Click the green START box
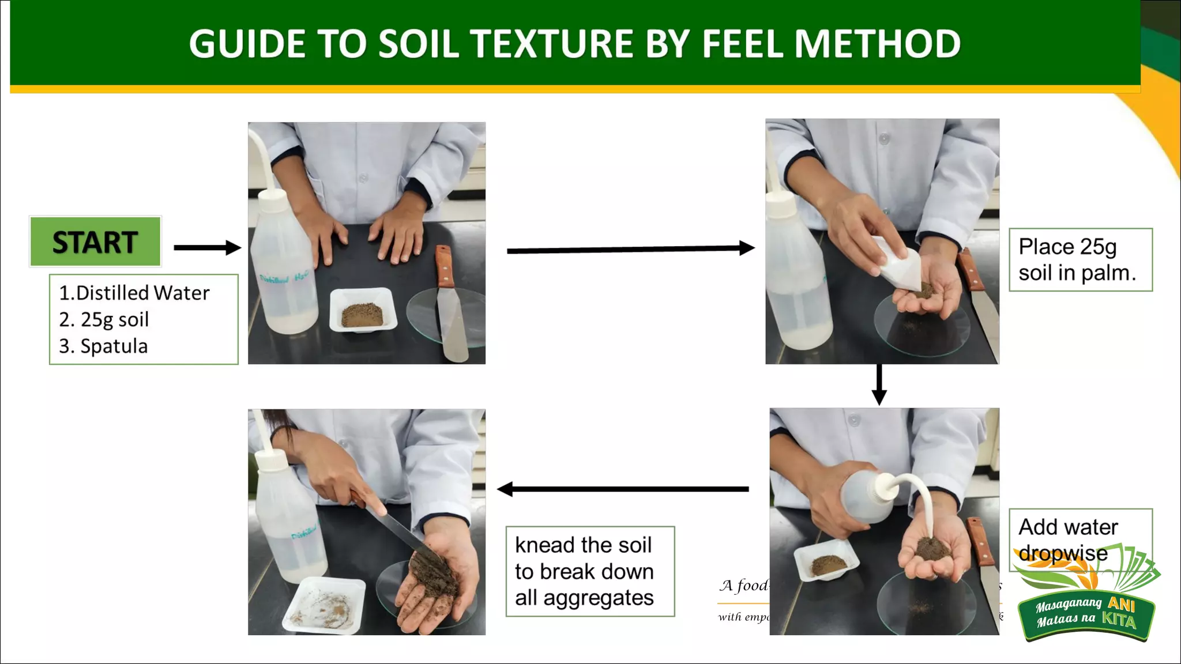[95, 242]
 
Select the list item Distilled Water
[135, 293]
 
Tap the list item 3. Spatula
[104, 346]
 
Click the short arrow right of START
[207, 248]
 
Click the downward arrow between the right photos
[879, 385]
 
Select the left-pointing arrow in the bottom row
[623, 489]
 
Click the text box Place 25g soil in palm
[1080, 259]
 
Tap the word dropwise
[1063, 553]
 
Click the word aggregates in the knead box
[599, 598]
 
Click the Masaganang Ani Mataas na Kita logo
[1087, 605]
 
